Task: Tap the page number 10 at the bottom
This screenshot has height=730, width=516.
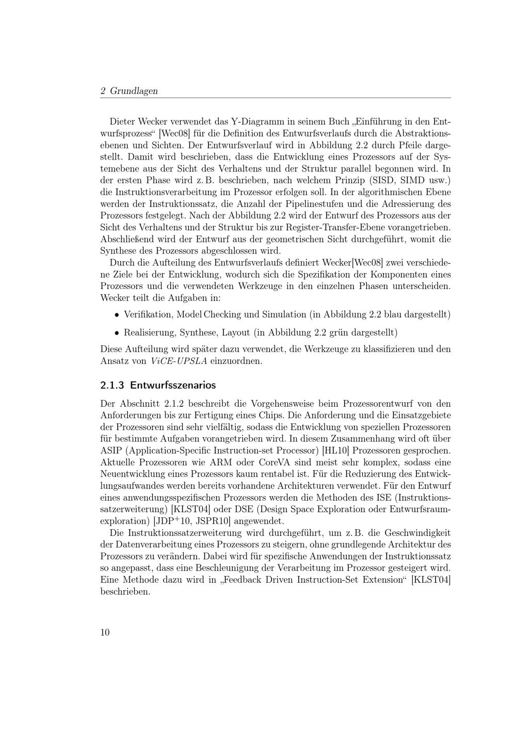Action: [x=105, y=632]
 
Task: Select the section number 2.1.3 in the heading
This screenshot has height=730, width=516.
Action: [x=112, y=385]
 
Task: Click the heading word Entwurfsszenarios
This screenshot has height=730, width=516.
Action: [x=173, y=385]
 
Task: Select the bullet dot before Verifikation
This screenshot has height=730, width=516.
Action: [x=117, y=314]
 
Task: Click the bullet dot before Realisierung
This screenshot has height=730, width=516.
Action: [x=117, y=333]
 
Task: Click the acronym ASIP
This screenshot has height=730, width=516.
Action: [x=111, y=450]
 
